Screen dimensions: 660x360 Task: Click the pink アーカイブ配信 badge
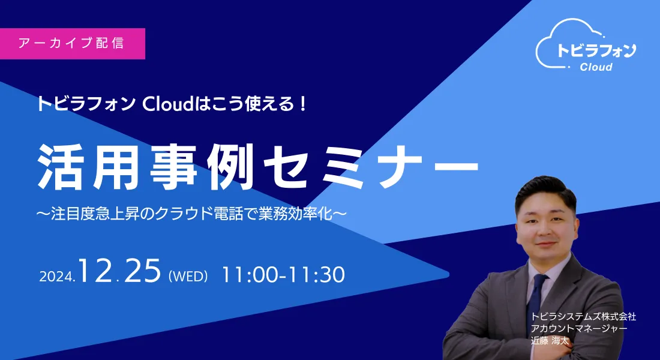click(x=73, y=43)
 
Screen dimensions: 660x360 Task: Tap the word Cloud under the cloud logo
click(x=596, y=67)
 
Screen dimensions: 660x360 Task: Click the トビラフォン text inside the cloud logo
click(x=596, y=50)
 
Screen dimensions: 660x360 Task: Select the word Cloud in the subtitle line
click(x=167, y=104)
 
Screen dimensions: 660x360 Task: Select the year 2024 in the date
click(x=57, y=276)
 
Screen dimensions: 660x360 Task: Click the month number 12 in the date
click(x=95, y=271)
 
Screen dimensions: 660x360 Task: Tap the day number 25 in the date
click(x=143, y=271)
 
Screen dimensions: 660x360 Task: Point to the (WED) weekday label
click(x=188, y=276)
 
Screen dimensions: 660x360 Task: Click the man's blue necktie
click(x=535, y=299)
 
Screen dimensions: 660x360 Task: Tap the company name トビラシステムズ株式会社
click(x=583, y=317)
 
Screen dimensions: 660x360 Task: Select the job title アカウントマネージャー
click(x=579, y=328)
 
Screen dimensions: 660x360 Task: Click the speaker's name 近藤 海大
click(x=550, y=341)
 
